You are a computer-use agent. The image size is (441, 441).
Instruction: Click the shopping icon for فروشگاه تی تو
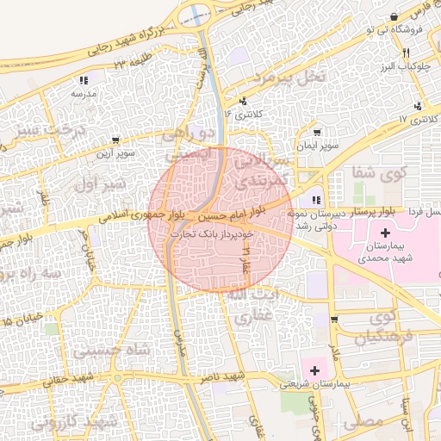click(394, 17)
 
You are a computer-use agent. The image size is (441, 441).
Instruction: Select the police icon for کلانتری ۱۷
click(418, 107)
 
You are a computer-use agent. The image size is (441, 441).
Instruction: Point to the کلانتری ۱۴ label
click(239, 113)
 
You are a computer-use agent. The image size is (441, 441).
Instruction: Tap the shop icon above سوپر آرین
click(115, 140)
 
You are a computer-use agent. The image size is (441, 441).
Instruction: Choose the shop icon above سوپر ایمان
click(319, 133)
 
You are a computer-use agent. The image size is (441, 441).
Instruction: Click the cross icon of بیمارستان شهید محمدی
click(384, 233)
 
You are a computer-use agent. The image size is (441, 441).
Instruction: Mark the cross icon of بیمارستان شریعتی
click(315, 370)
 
